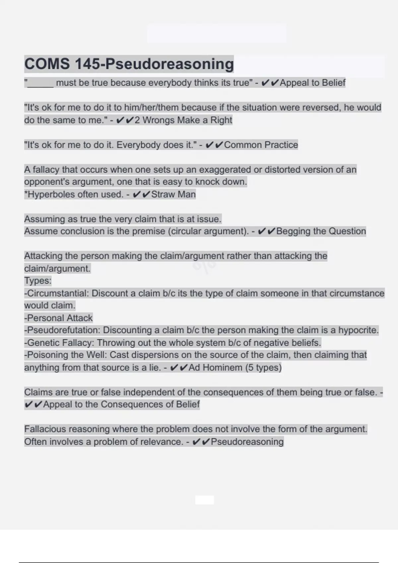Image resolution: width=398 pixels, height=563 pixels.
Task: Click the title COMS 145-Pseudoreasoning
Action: [x=129, y=64]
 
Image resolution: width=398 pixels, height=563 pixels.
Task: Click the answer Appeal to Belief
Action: [x=312, y=83]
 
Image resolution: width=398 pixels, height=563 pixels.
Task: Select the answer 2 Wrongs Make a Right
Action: [x=183, y=120]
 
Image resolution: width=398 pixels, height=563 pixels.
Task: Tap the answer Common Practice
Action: [x=261, y=145]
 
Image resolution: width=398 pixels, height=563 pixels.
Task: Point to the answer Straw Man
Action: [x=173, y=194]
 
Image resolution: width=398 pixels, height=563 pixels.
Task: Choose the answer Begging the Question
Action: [x=321, y=231]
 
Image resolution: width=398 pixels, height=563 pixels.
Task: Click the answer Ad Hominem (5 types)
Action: [x=235, y=368]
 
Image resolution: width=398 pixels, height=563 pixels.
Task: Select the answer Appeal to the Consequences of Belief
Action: [x=121, y=404]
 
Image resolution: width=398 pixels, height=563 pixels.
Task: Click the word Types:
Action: [x=38, y=281]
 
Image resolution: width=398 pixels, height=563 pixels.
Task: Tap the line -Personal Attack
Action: [x=58, y=318]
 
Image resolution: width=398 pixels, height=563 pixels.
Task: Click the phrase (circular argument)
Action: [x=208, y=231]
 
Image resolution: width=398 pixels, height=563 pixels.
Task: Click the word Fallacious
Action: [x=45, y=429]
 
